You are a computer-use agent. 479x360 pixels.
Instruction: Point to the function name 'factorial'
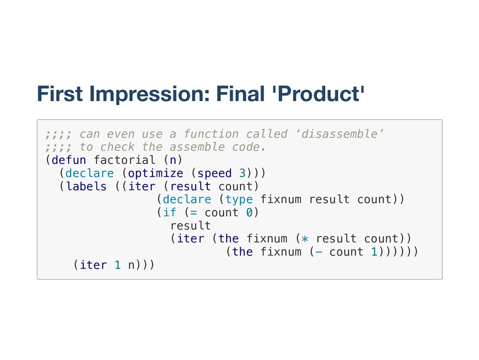pyautogui.click(x=124, y=160)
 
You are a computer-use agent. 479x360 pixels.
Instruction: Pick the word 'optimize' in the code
pyautogui.click(x=156, y=173)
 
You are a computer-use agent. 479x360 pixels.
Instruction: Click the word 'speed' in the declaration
pyautogui.click(x=215, y=173)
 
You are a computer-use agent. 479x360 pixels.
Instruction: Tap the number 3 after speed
pyautogui.click(x=242, y=173)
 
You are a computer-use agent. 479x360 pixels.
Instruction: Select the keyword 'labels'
pyautogui.click(x=87, y=186)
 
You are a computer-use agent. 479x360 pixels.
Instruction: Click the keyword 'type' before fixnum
pyautogui.click(x=239, y=199)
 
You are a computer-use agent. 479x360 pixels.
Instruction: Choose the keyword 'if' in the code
pyautogui.click(x=170, y=213)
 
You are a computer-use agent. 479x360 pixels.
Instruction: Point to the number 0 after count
pyautogui.click(x=249, y=213)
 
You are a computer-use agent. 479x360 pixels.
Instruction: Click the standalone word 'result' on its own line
pyautogui.click(x=190, y=226)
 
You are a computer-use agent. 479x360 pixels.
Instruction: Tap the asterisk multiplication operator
pyautogui.click(x=305, y=239)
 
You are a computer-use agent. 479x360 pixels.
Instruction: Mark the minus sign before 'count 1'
pyautogui.click(x=319, y=252)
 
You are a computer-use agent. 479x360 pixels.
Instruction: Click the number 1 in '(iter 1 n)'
pyautogui.click(x=118, y=265)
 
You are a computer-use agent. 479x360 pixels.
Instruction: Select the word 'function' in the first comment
pyautogui.click(x=211, y=134)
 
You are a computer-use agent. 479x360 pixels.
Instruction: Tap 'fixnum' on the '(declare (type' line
pyautogui.click(x=280, y=199)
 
